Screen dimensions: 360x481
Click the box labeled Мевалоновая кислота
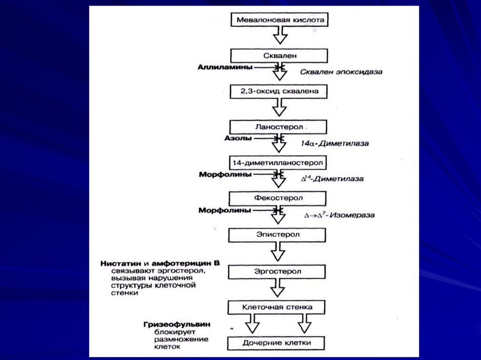coord(280,20)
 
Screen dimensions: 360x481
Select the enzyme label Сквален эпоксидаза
coord(341,72)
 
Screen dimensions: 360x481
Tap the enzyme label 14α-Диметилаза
coord(334,143)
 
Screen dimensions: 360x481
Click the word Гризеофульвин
coord(177,324)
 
